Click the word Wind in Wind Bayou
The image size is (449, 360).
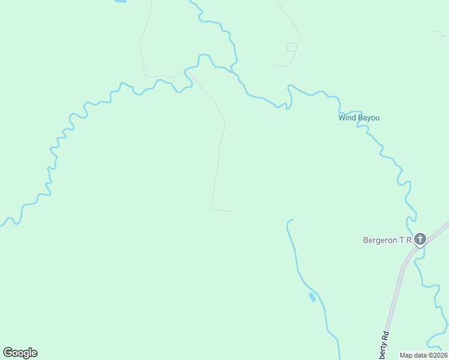coord(347,118)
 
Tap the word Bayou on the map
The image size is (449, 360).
coord(369,118)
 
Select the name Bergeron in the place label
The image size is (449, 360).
coord(381,240)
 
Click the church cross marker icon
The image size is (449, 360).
coord(420,240)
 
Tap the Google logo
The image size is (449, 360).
coord(20,353)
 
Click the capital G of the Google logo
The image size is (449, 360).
coord(8,352)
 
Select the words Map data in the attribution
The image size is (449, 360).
coord(413,355)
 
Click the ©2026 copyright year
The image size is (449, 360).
coord(438,355)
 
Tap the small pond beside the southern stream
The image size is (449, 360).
coord(312,297)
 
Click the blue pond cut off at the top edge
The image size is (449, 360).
coord(121,2)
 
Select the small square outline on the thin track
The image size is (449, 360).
coord(292,47)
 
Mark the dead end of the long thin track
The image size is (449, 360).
coord(235,212)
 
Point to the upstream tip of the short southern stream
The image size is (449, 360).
coord(292,220)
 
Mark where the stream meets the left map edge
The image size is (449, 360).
coord(1,225)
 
